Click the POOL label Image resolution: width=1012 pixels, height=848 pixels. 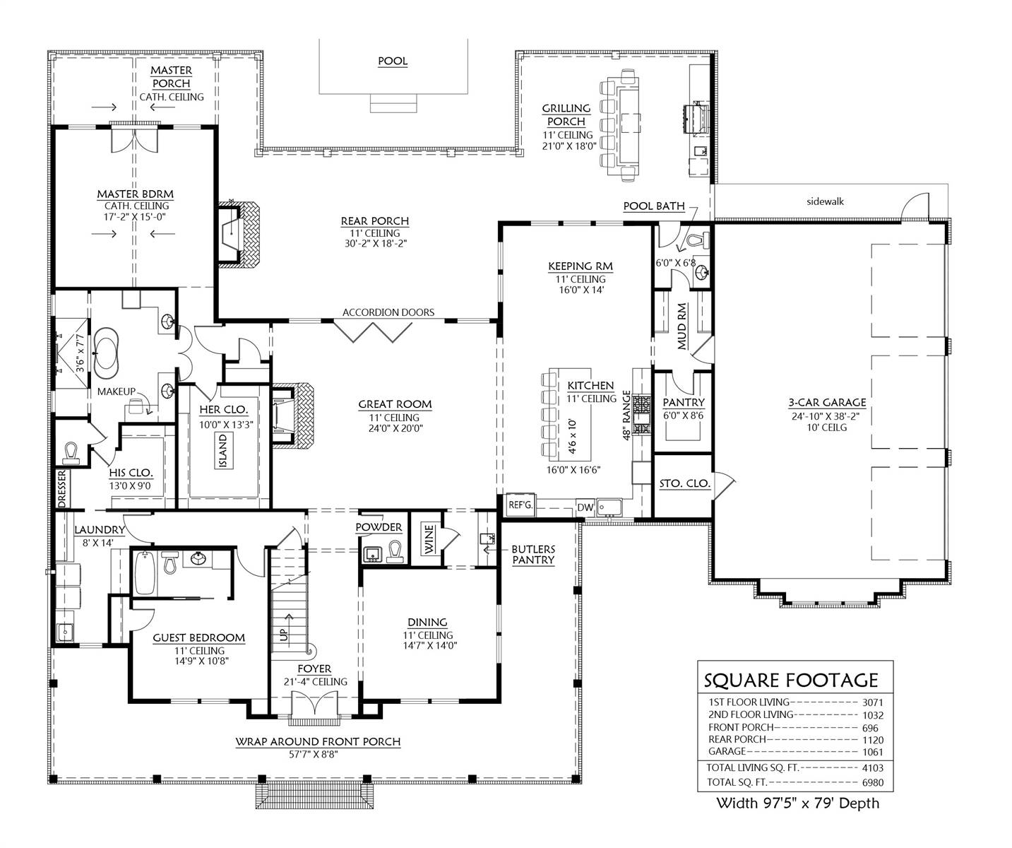(x=393, y=61)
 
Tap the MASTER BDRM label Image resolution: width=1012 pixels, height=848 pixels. (x=135, y=194)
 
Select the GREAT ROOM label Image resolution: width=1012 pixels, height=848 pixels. (x=395, y=404)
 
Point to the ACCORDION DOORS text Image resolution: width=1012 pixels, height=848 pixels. (x=388, y=312)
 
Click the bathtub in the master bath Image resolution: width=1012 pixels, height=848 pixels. (x=106, y=353)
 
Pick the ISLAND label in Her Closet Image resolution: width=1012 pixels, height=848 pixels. (x=223, y=451)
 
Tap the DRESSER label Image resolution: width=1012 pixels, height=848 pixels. (x=61, y=489)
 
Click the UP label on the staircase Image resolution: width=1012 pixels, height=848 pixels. (x=284, y=634)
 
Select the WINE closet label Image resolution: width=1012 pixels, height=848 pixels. (x=429, y=539)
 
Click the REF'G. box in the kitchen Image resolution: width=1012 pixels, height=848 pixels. (x=520, y=505)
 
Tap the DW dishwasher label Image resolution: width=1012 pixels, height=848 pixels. (x=585, y=507)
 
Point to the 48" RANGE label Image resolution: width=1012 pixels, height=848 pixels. (x=626, y=416)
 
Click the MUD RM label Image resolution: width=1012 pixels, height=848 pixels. (x=682, y=326)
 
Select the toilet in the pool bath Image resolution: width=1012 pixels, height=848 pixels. (x=700, y=240)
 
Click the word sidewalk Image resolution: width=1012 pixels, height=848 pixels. (x=826, y=201)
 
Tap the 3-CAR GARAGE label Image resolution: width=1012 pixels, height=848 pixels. (x=828, y=402)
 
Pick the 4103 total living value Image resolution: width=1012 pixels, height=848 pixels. (x=872, y=768)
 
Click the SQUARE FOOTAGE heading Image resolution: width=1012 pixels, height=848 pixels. (x=790, y=680)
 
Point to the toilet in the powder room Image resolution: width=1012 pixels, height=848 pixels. (x=395, y=552)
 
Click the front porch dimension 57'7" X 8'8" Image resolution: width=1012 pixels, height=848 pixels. (x=314, y=755)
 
